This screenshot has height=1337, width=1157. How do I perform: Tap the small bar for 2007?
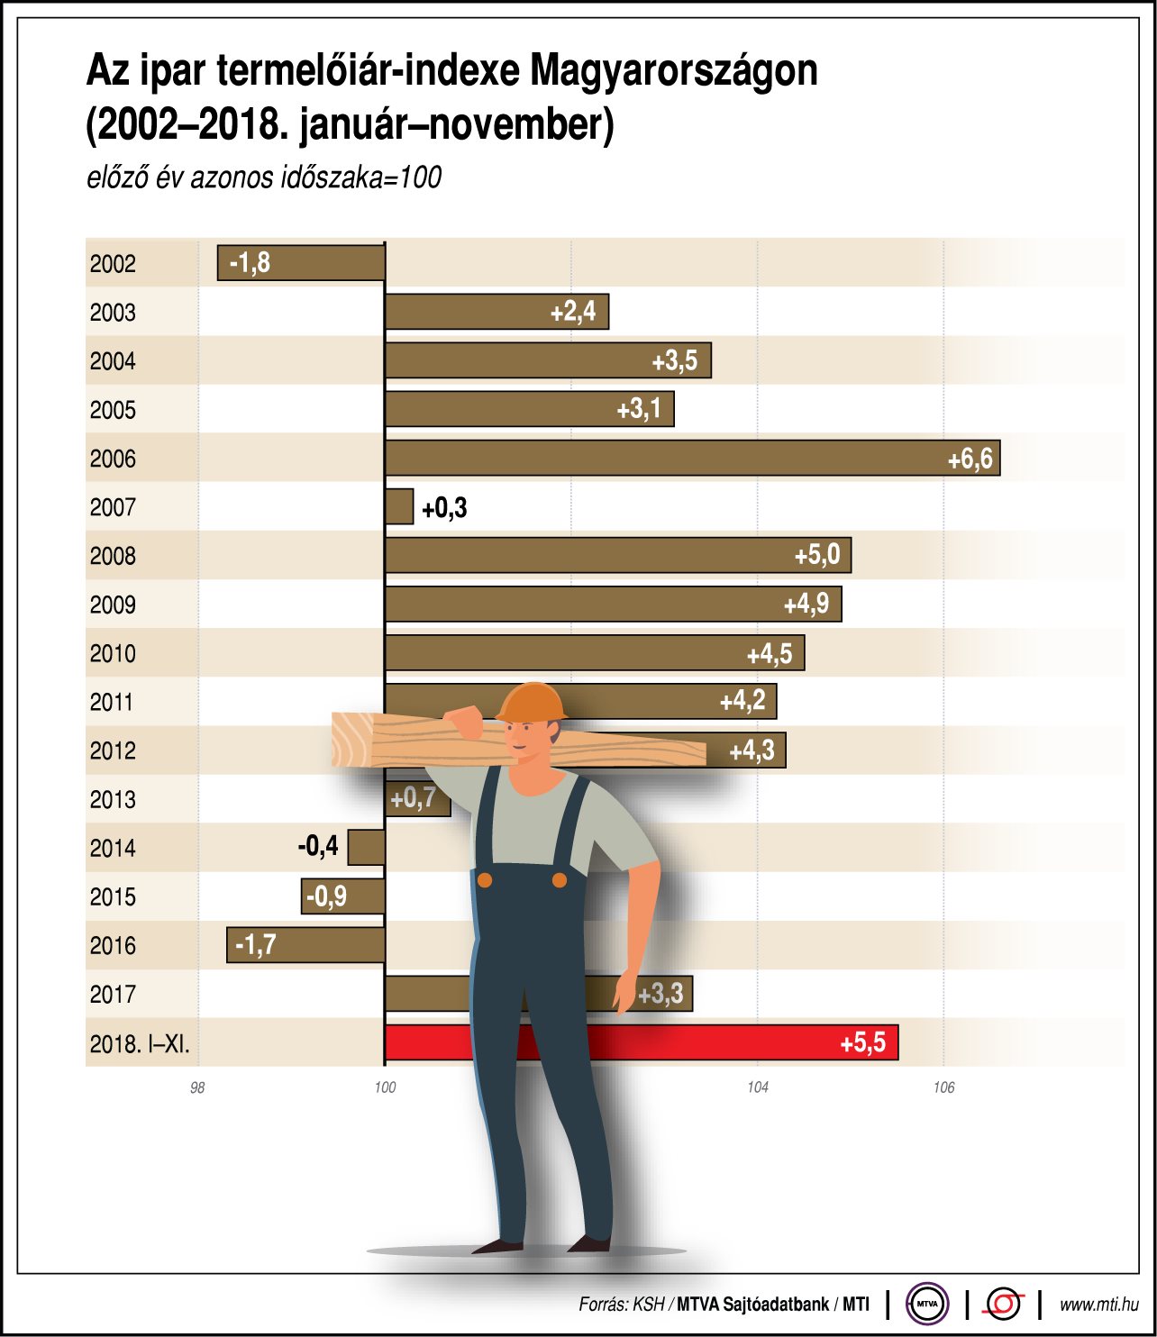pos(399,507)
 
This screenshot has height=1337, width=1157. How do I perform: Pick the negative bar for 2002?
pos(302,263)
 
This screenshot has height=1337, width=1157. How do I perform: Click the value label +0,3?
pos(444,508)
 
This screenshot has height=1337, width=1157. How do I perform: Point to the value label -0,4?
pos(318,846)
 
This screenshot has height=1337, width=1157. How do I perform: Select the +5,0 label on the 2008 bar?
pos(816,555)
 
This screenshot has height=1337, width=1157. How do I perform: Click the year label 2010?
pos(113,653)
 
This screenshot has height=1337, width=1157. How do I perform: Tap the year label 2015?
pos(113,896)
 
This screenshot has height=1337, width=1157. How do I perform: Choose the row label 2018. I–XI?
pos(140,1043)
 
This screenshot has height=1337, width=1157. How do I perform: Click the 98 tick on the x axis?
pos(197,1087)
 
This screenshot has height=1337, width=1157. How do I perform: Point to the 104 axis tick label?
pos(758,1087)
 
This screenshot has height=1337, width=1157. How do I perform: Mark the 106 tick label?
pos(943,1087)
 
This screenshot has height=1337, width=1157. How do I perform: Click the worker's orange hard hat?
pos(532,702)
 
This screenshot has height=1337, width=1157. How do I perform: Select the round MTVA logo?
pos(927,1303)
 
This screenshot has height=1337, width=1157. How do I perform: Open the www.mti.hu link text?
pos(1098,1304)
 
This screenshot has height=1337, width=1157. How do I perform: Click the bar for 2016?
pos(306,945)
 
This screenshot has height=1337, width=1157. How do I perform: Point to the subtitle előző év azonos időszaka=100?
pos(264,177)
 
